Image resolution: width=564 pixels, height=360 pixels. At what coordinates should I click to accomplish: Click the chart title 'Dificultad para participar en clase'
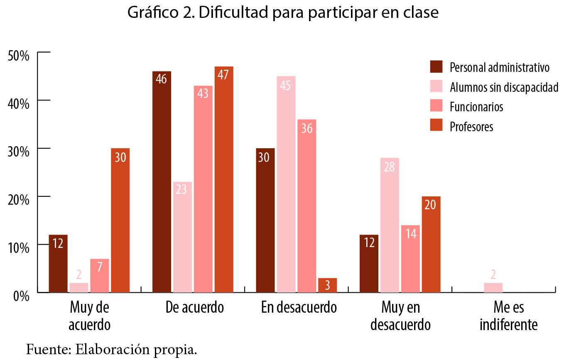282,13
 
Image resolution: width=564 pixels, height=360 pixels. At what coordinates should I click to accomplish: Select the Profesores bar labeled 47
224,179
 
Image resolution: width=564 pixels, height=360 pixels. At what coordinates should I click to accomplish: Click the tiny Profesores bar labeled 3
327,285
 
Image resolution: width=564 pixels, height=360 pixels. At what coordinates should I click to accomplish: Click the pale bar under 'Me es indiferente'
493,287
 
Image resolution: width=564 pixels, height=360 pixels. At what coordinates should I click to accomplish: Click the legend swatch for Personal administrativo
436,67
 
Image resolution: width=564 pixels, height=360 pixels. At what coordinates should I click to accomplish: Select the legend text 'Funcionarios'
476,107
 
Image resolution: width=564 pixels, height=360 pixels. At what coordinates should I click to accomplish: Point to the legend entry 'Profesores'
471,126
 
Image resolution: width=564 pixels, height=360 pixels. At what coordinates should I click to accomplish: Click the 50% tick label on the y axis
18,55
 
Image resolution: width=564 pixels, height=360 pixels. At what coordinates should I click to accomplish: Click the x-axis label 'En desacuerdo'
299,308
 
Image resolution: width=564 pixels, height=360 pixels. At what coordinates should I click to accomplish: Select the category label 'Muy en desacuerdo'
400,316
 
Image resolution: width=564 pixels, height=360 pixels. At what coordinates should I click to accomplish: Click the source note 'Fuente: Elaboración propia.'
112,349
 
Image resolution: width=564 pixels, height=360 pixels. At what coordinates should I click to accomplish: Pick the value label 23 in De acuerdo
182,190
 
